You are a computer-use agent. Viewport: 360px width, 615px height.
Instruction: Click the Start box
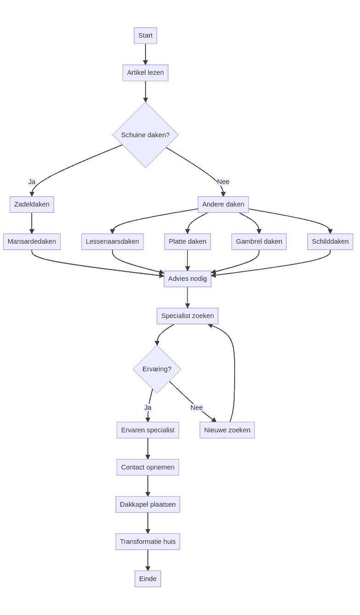click(x=145, y=36)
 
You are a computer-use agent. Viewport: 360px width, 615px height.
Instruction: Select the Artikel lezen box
click(x=145, y=73)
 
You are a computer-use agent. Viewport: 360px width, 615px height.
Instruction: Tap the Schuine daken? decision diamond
click(x=145, y=135)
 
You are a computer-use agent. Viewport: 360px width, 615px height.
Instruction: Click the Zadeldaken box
click(x=32, y=205)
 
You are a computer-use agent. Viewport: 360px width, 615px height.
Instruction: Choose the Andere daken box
click(x=223, y=205)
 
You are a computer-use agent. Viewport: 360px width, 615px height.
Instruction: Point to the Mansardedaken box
click(x=32, y=242)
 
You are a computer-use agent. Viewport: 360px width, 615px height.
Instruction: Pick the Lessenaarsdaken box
click(x=112, y=242)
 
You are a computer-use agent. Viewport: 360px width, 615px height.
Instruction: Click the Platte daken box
click(x=187, y=242)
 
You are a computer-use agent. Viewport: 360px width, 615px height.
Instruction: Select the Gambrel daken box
click(x=259, y=242)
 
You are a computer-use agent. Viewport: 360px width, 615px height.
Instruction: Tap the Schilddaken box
click(x=330, y=242)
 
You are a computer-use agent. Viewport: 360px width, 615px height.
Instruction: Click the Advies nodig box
click(x=187, y=279)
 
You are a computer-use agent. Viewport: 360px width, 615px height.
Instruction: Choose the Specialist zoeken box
click(x=187, y=316)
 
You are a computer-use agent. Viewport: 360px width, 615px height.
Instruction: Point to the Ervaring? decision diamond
click(x=157, y=369)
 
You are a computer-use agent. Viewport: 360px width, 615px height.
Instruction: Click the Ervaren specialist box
click(x=148, y=430)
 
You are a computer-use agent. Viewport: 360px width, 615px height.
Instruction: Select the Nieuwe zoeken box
click(x=227, y=430)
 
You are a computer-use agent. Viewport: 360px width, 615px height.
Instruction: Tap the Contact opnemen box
click(x=148, y=468)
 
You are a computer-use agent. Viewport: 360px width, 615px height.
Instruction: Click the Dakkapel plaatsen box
click(x=148, y=505)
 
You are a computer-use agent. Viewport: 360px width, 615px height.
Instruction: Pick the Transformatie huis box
click(x=148, y=542)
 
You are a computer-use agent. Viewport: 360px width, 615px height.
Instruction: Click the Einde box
click(x=148, y=579)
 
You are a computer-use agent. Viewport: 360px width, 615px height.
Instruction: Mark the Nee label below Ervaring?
click(x=197, y=408)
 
